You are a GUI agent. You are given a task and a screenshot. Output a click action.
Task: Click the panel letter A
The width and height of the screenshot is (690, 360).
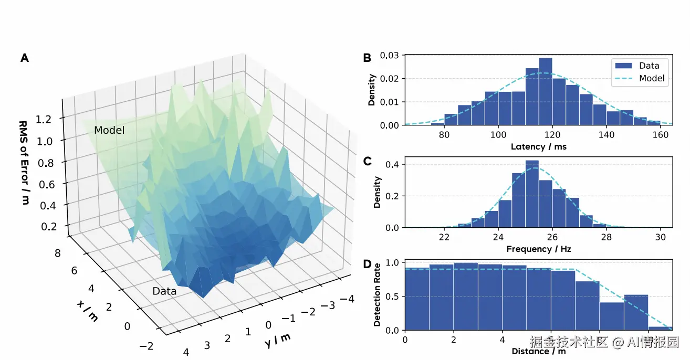25,58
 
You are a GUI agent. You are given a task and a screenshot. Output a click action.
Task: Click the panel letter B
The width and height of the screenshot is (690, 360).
368,58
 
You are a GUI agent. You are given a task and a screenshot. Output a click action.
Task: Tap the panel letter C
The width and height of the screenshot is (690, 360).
368,161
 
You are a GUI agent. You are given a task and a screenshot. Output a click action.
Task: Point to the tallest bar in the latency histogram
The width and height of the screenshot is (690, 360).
546,92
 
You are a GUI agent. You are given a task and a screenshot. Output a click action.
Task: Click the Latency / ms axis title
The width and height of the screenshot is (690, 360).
539,146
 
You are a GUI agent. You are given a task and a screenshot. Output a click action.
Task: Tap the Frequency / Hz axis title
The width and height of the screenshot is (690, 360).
539,249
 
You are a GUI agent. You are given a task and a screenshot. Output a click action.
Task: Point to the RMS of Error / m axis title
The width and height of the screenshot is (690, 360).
24,162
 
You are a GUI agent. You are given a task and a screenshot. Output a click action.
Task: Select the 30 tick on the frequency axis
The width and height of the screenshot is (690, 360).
660,237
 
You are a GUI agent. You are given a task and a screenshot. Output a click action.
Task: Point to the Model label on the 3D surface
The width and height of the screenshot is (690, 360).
109,130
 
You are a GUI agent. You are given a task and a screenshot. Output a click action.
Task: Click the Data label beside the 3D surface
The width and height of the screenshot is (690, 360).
164,291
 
